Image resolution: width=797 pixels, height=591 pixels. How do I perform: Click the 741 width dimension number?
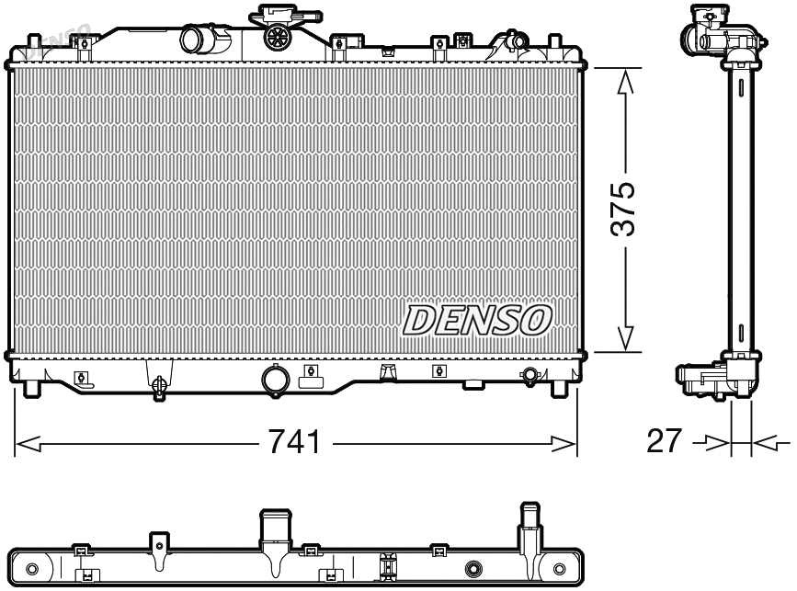point(293,443)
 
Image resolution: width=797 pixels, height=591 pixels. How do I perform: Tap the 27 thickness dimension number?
point(666,442)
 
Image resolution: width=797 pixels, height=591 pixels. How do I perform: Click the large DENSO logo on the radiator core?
point(477,319)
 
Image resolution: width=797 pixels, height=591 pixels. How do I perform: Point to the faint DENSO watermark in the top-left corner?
point(55,41)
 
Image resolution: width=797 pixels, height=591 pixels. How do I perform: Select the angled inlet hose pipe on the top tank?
point(197,40)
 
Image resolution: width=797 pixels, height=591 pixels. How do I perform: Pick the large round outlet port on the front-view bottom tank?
point(274,379)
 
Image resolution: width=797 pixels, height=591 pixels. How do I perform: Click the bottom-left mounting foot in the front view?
point(32,388)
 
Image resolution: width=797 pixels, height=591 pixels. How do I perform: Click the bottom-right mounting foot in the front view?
point(558,388)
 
